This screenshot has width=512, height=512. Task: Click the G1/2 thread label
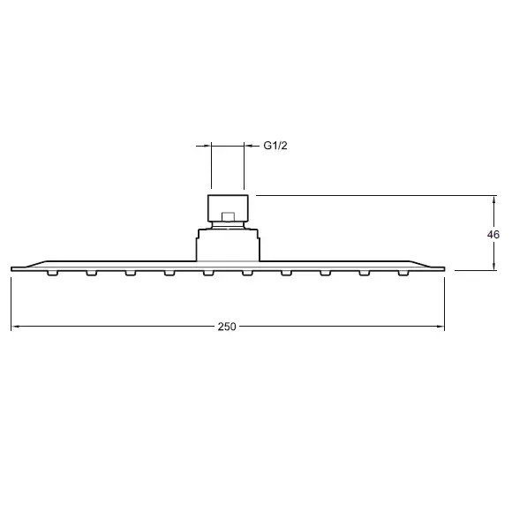pos(275,146)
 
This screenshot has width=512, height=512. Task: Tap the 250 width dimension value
pos(227,327)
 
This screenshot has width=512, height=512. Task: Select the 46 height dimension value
pos(493,235)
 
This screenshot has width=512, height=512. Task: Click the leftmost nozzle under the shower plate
pos(52,273)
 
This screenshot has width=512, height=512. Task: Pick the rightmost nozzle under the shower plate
pos(403,273)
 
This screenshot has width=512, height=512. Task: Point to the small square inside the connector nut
pos(228,216)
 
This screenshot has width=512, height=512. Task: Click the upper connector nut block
pos(228,208)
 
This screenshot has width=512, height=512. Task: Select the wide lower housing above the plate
pos(228,245)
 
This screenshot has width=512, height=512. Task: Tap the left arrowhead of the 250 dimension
pos(15,327)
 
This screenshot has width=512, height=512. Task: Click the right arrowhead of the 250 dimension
pos(440,327)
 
